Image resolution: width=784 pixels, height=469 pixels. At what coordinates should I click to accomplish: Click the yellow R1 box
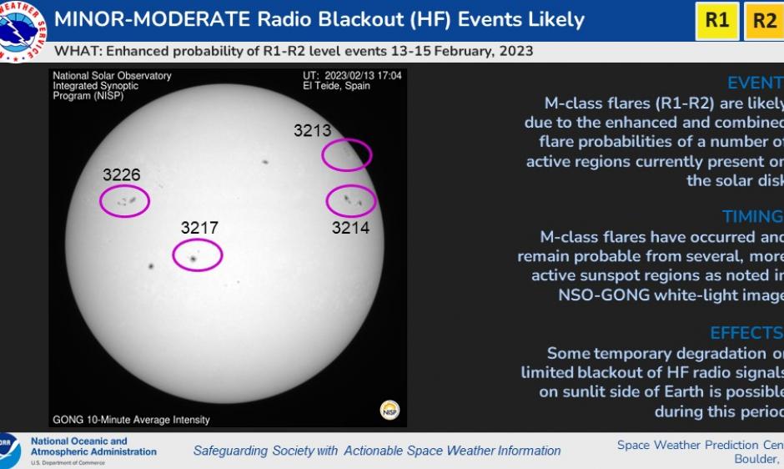pos(716,21)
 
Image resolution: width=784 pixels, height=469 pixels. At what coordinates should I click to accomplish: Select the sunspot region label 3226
pos(122,175)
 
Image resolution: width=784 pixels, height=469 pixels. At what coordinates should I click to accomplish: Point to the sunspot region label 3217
pos(199,228)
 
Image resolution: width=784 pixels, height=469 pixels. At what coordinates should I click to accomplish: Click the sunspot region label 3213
pos(312,130)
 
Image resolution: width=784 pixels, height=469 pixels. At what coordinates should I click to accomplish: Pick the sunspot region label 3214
pos(350,227)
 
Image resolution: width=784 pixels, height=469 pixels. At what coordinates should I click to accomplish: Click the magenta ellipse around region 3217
pos(198,255)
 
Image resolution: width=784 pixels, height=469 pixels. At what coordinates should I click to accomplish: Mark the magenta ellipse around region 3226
pos(124,200)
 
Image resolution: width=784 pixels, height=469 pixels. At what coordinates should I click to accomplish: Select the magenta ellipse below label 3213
pos(346,154)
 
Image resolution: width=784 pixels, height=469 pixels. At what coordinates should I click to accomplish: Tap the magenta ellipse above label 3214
pos(350,200)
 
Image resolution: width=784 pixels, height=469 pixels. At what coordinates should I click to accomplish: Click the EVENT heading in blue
pos(754,83)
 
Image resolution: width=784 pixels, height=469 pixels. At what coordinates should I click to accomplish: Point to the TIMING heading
pos(751,217)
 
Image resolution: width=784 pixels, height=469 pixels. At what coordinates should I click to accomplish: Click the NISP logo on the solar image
pos(389,409)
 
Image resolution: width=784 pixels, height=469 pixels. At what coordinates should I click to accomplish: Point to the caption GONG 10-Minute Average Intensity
pos(131,420)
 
